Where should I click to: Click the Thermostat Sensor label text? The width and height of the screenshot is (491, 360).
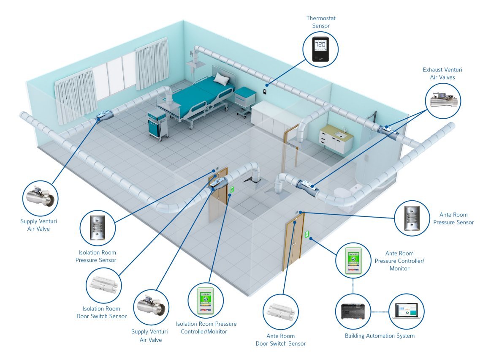coord(320,22)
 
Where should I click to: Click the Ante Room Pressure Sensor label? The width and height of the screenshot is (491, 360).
coord(453,218)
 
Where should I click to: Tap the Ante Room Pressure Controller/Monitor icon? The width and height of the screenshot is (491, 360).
coord(353,260)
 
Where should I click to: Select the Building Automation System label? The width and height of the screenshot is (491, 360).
coord(380,336)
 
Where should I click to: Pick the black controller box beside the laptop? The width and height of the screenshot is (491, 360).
coord(353,311)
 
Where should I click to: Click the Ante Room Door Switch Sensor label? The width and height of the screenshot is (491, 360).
coord(280,340)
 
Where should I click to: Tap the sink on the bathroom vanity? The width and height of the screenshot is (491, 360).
coord(339,133)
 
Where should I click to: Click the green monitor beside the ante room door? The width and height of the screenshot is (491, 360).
coord(307,233)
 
